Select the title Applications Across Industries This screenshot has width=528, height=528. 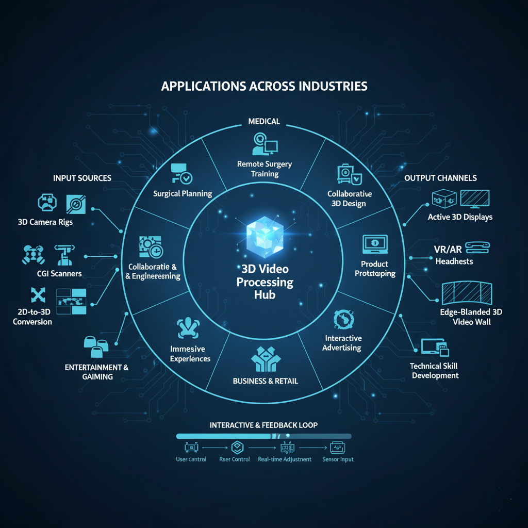tap(264, 86)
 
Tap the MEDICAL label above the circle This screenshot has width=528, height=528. tap(264, 122)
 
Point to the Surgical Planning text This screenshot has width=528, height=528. tap(183, 194)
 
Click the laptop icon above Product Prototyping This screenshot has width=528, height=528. tap(374, 245)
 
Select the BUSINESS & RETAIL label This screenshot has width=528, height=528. tap(266, 381)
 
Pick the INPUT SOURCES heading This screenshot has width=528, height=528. tap(82, 178)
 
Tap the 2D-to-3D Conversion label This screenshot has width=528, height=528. tap(32, 317)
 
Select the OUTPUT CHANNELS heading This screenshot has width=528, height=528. tap(440, 178)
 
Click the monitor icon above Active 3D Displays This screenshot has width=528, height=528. tap(474, 199)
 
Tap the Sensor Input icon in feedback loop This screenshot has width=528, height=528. tap(338, 447)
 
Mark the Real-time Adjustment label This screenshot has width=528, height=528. tap(285, 459)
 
